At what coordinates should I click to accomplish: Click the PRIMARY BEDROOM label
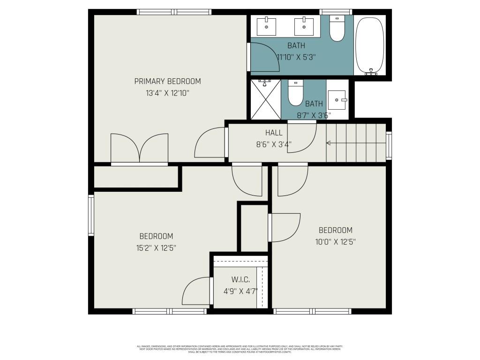[167, 81]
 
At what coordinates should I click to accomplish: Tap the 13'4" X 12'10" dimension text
[167, 93]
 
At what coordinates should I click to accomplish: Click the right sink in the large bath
[304, 26]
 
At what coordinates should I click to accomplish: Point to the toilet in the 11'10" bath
[337, 29]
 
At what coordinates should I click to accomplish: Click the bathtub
[370, 45]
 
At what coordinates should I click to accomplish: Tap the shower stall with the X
[265, 100]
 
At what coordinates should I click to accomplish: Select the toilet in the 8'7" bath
[295, 93]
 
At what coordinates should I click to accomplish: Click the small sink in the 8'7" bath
[337, 100]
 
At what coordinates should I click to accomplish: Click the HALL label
[274, 133]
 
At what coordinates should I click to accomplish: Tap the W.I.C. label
[240, 279]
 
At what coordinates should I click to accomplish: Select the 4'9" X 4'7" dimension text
[240, 291]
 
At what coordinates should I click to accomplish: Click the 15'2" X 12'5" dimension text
[156, 247]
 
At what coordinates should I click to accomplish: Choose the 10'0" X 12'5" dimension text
[335, 242]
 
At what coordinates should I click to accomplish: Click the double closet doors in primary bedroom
[139, 149]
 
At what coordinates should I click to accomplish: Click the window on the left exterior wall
[91, 215]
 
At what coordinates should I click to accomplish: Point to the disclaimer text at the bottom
[240, 349]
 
